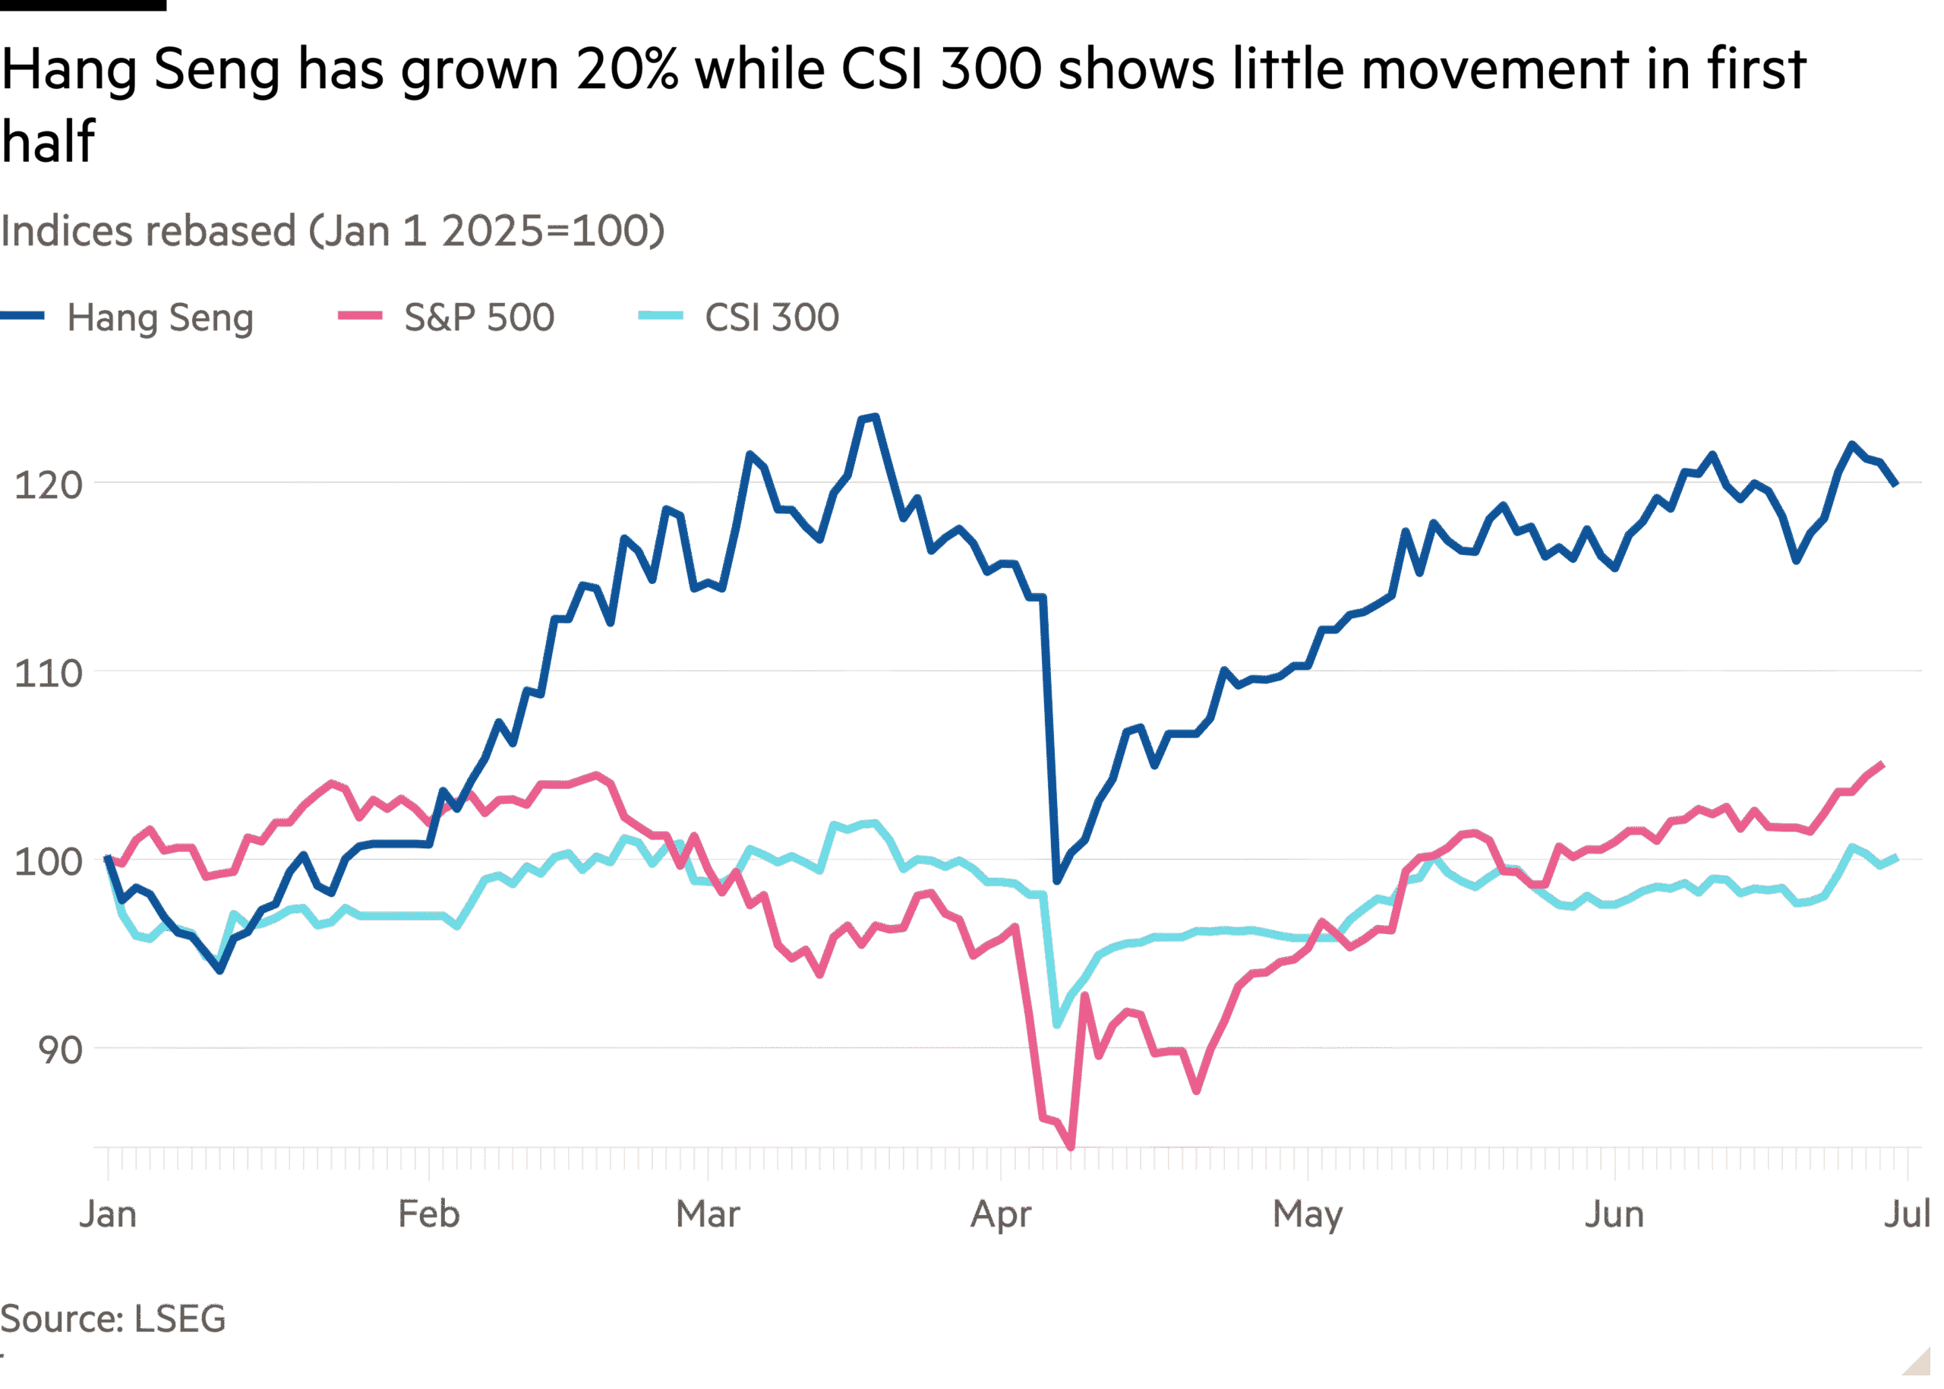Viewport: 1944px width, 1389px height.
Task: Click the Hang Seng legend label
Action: point(160,317)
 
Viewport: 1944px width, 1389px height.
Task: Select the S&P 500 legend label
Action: point(479,317)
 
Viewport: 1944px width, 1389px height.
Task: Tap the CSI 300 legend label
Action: point(772,317)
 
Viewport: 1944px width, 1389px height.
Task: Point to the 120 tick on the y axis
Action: point(48,486)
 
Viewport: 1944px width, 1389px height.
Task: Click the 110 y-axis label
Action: point(48,674)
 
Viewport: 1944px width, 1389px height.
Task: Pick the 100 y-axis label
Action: point(48,861)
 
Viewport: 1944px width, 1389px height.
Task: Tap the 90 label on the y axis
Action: point(59,1050)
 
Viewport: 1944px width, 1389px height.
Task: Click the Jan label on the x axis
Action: point(108,1214)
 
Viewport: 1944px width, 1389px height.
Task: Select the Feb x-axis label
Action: point(429,1214)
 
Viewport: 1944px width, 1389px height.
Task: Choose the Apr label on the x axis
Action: point(1002,1214)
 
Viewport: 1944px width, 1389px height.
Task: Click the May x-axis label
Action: point(1308,1214)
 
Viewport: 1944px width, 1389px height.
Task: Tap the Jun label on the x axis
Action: point(1614,1214)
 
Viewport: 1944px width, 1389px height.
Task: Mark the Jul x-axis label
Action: point(1908,1214)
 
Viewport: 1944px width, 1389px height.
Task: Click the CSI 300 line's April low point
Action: point(1057,1024)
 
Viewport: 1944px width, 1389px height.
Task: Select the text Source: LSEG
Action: point(113,1319)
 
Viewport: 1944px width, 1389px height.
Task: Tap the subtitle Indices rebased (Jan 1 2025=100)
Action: point(332,231)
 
